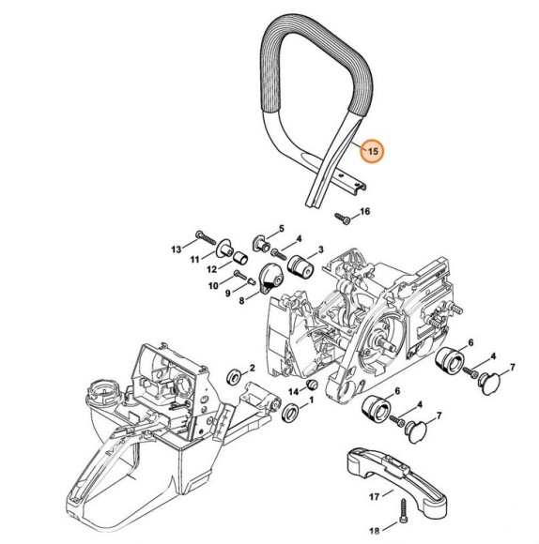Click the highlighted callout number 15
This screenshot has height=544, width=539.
pyautogui.click(x=373, y=150)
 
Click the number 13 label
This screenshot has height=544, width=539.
pyautogui.click(x=176, y=249)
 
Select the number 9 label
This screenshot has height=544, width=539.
pyautogui.click(x=227, y=293)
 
